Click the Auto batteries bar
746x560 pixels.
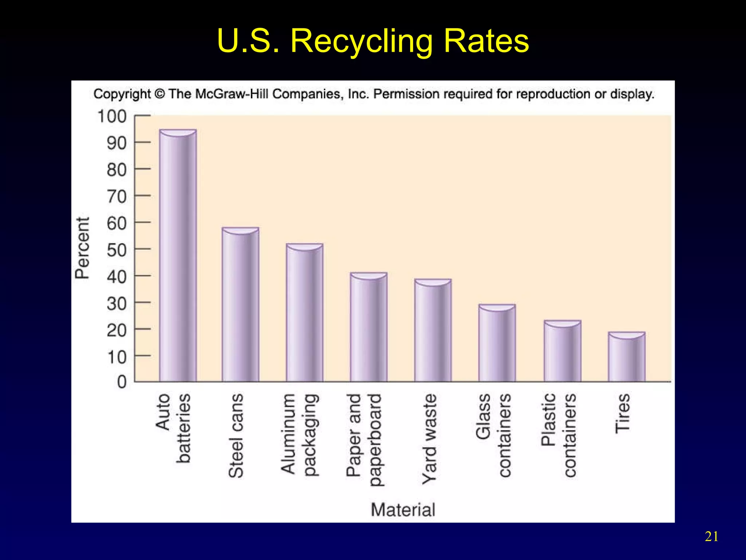[178, 255]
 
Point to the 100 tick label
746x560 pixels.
[112, 117]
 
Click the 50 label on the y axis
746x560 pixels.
[117, 250]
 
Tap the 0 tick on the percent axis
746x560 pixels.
[122, 382]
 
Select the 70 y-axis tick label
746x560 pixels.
[117, 197]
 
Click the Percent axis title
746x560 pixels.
[82, 248]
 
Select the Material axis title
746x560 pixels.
[403, 509]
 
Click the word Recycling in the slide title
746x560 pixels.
[361, 41]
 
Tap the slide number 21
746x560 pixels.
[711, 537]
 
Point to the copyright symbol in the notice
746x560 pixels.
[160, 94]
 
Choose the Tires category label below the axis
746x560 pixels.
[623, 413]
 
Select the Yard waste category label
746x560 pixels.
[430, 439]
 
